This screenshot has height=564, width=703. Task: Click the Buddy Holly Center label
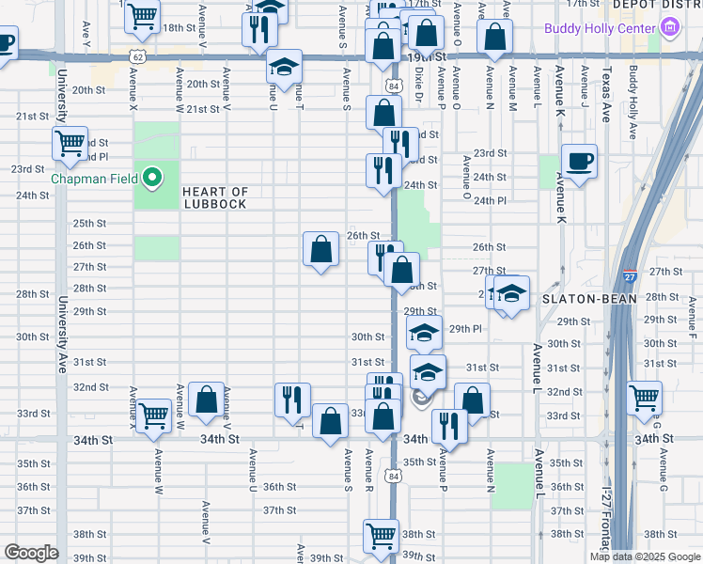599,28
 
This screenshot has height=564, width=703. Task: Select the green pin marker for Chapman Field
151,177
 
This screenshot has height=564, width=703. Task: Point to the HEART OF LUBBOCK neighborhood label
214,197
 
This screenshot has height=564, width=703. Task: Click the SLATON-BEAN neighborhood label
590,299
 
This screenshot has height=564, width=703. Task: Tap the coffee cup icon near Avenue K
579,161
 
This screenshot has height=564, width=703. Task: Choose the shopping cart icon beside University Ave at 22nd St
70,144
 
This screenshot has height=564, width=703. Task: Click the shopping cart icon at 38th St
381,536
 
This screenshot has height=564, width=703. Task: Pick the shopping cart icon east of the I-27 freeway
645,398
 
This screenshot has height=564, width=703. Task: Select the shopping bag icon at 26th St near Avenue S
320,249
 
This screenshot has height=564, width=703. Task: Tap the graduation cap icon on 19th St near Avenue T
284,66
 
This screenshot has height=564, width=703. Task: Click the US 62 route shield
138,57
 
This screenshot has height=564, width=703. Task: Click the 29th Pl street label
465,329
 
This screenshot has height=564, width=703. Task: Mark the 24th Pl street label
490,201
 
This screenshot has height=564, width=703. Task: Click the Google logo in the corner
31,553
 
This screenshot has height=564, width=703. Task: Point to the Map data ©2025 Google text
645,556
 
